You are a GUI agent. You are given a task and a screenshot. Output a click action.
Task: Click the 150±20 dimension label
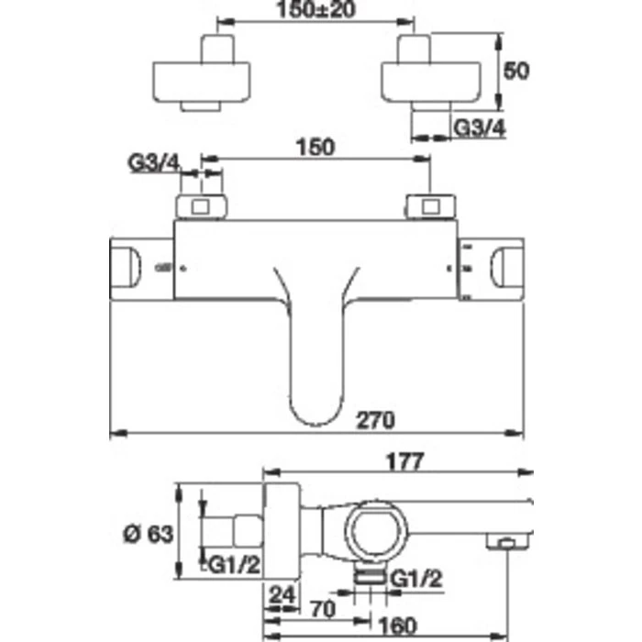[x=316, y=12]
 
